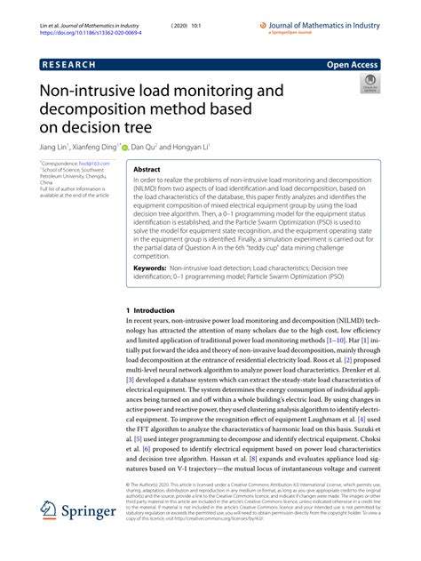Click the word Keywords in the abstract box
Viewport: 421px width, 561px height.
click(x=150, y=268)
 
